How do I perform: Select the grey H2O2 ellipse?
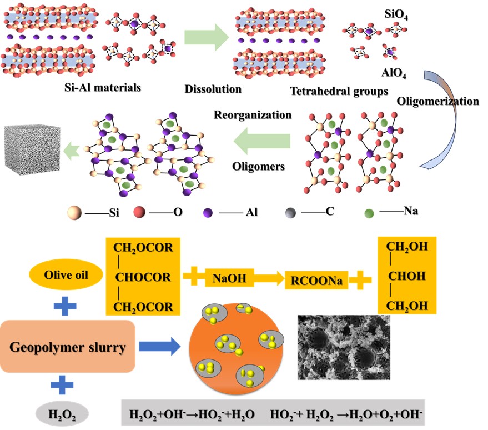(61, 414)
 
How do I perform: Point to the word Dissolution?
(213, 89)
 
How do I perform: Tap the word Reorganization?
(252, 115)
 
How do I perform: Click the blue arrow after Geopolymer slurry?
(162, 347)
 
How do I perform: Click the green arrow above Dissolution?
(213, 38)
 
